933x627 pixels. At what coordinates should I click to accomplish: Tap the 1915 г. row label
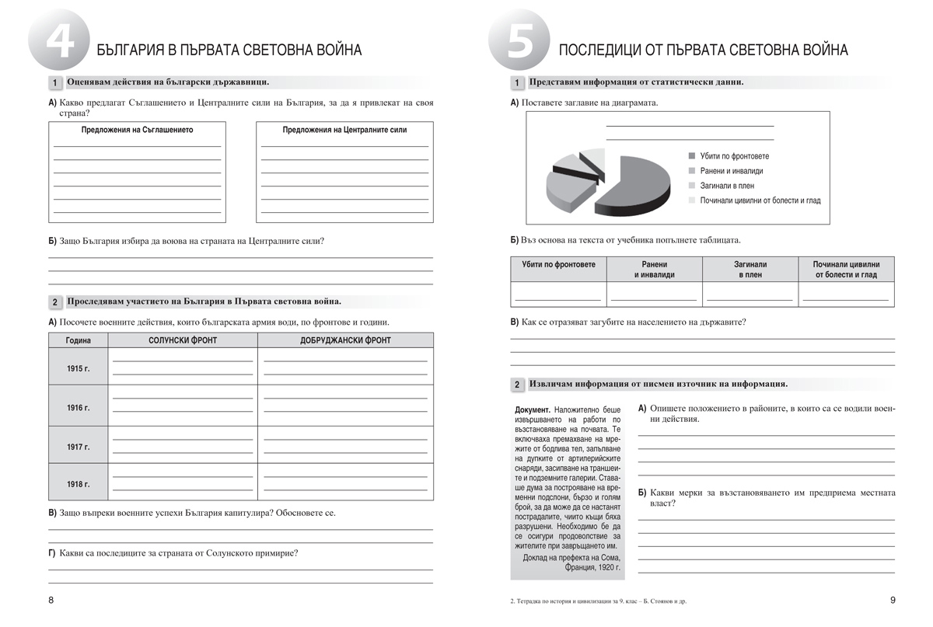(79, 367)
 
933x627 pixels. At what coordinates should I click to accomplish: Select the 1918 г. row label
(79, 484)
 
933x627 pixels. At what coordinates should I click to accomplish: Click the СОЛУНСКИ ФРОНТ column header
(183, 340)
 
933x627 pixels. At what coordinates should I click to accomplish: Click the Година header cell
(79, 340)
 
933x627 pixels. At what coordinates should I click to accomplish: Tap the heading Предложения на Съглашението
(137, 131)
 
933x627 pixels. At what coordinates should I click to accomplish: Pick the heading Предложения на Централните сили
(344, 131)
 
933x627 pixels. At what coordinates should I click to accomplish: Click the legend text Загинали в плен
(727, 186)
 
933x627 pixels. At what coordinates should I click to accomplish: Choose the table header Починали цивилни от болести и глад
(846, 269)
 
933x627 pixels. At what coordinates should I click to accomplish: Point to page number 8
(51, 600)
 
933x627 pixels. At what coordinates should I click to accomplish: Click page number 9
(893, 600)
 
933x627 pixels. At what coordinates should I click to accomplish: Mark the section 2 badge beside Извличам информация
(517, 385)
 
